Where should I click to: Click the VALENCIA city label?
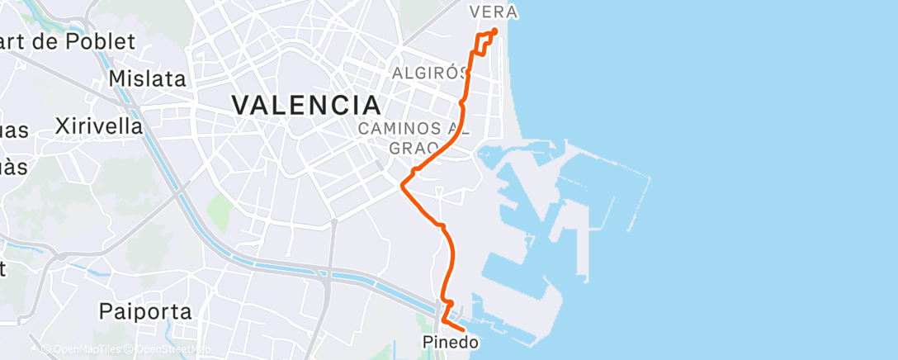(x=306, y=105)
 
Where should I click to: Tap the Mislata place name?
(x=149, y=79)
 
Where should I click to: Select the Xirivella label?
(x=98, y=126)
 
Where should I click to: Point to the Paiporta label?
(x=144, y=312)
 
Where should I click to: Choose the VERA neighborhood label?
(x=493, y=12)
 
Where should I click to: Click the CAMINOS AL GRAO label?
(x=414, y=137)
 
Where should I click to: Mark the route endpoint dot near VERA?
(x=494, y=32)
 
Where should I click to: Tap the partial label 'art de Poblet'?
(x=68, y=41)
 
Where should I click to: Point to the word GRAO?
(x=414, y=147)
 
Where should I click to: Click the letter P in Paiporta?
(x=105, y=312)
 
